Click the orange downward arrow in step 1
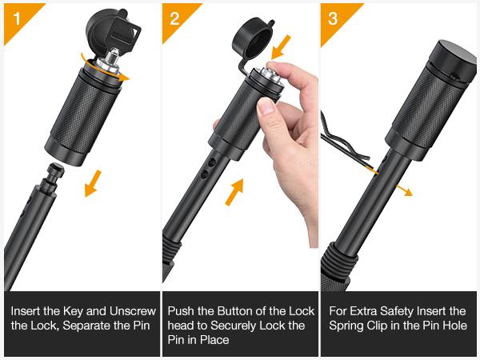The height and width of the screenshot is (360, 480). pos(93,183)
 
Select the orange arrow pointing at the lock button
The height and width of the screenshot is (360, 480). pos(281,47)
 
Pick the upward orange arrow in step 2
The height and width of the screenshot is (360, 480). pos(234,192)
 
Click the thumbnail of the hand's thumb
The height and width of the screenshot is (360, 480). pos(266,106)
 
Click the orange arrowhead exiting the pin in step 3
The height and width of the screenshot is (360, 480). pos(408,192)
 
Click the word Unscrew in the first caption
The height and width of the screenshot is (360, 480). pos(133,311)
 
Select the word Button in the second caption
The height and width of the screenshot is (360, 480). pos(236,311)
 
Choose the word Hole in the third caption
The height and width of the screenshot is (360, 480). pos(455,326)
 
